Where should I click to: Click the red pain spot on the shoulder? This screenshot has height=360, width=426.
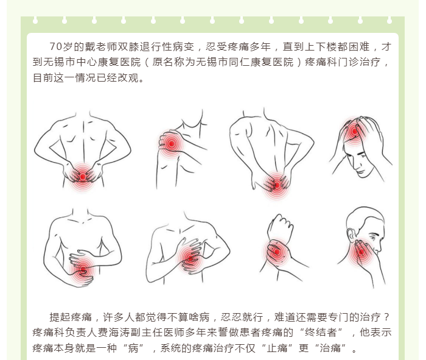171,144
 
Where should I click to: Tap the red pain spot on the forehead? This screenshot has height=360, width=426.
354,132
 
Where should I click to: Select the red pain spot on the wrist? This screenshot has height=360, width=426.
276,252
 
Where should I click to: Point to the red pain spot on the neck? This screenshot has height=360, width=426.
361,252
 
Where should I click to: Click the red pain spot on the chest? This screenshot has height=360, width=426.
190,258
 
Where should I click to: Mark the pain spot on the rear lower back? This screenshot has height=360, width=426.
276,185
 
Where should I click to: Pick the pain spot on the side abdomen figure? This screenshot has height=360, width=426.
83,270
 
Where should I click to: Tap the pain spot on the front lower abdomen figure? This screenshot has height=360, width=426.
83,177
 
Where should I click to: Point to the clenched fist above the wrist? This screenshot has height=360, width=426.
281,225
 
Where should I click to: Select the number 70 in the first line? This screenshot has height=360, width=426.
56,47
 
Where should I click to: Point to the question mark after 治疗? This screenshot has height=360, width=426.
387,317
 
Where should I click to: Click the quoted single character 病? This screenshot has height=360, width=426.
133,348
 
